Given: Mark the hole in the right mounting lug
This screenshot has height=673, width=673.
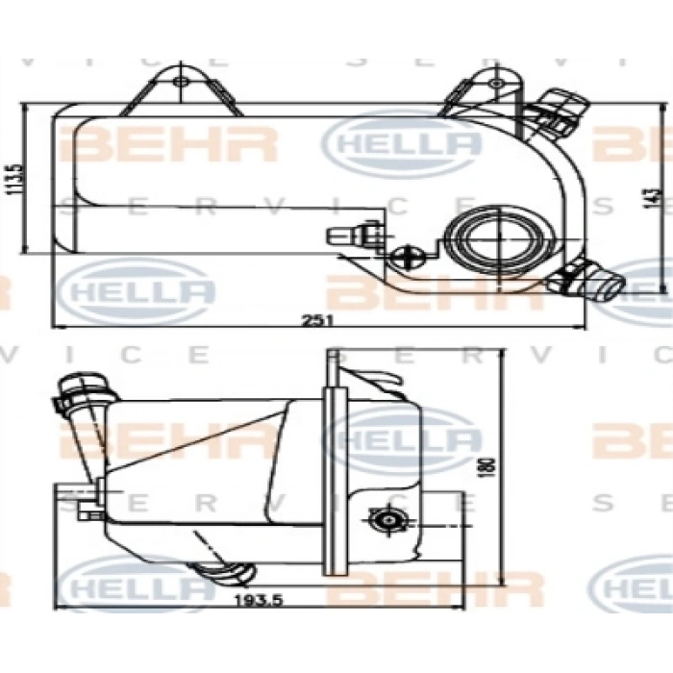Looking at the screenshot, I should tap(495, 84).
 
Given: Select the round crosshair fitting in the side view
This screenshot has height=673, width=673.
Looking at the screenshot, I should tap(387, 520).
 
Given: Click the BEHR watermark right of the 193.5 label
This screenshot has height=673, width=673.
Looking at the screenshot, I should tap(433, 586).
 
